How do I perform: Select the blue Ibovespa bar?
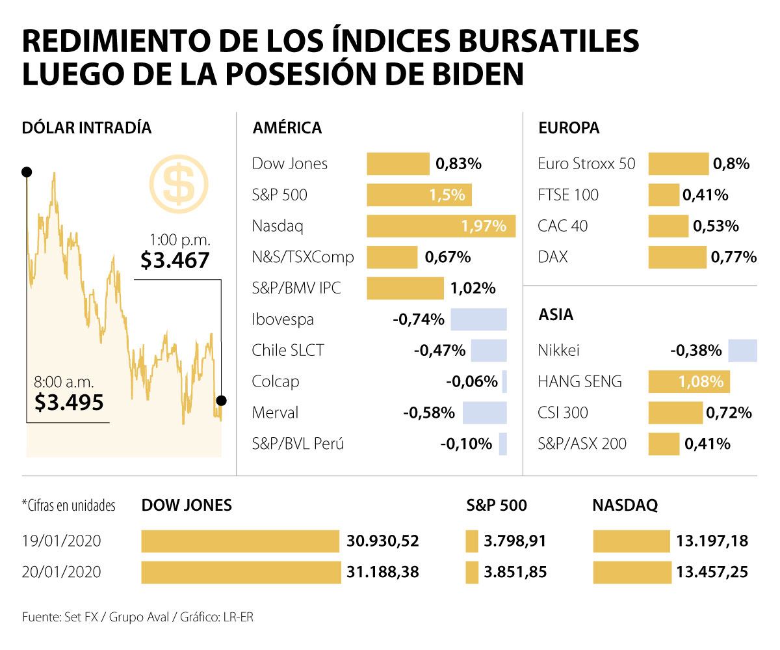click(478, 319)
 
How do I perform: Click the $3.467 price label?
click(175, 261)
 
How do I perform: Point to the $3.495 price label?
click(69, 403)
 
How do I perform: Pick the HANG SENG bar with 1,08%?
click(688, 381)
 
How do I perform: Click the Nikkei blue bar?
click(742, 351)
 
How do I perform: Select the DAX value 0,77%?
click(734, 257)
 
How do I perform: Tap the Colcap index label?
click(276, 382)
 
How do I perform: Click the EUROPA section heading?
click(569, 128)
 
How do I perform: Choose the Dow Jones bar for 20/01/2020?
click(240, 572)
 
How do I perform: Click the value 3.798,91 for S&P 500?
click(515, 541)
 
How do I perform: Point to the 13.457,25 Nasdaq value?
click(712, 572)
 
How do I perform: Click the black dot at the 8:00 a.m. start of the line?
click(27, 172)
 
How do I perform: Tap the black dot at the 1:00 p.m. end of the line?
click(221, 400)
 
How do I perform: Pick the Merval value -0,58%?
click(430, 413)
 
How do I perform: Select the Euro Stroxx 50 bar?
click(678, 164)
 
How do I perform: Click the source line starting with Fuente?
click(137, 617)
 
